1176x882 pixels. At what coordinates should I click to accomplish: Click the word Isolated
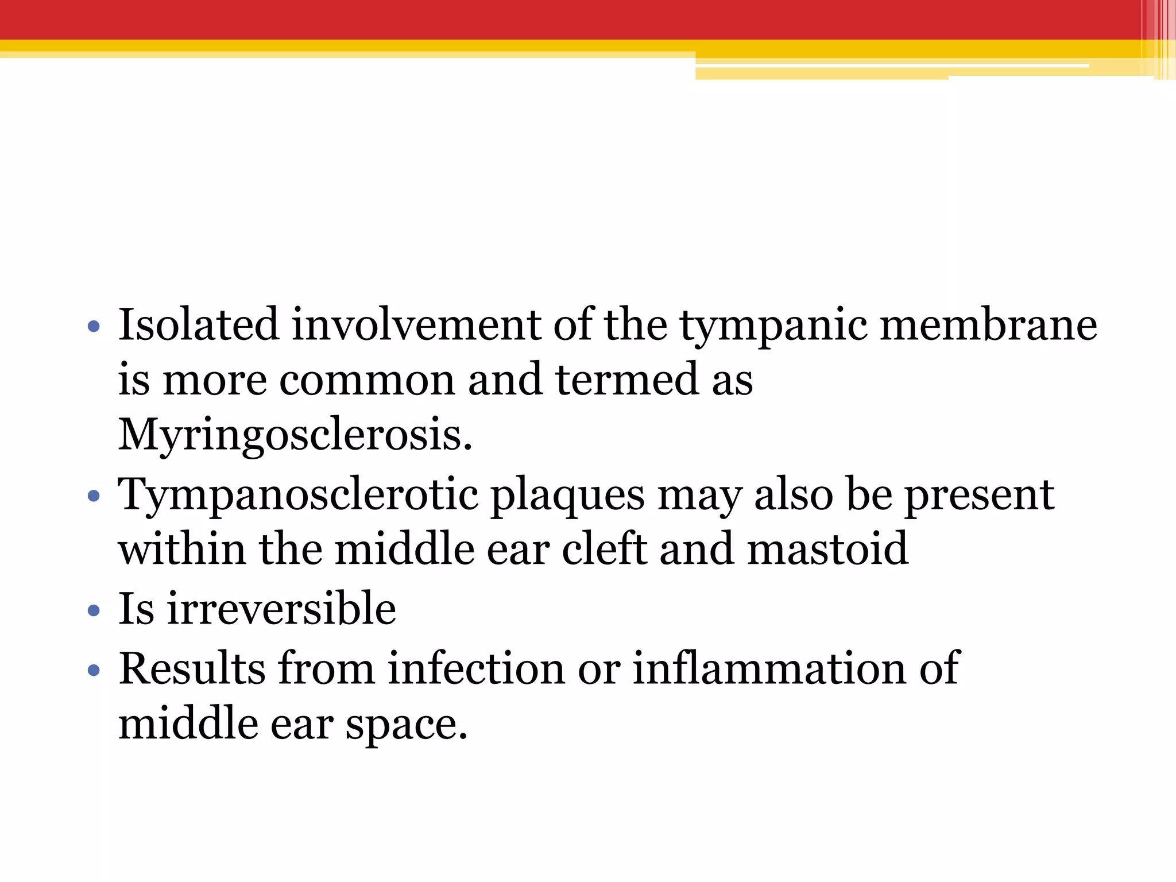pyautogui.click(x=198, y=324)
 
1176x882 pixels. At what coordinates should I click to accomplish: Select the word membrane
pyautogui.click(x=988, y=324)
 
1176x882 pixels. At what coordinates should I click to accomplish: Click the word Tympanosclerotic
pyautogui.click(x=298, y=496)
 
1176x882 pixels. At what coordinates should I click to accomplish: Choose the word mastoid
pyautogui.click(x=827, y=549)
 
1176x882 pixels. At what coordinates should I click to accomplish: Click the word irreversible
pyautogui.click(x=281, y=609)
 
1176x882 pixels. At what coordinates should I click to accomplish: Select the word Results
pyautogui.click(x=192, y=668)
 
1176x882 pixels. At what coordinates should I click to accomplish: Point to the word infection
pyautogui.click(x=476, y=668)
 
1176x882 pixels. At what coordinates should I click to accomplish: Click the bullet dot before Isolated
pyautogui.click(x=94, y=328)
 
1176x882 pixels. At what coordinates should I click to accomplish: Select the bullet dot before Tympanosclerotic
pyautogui.click(x=94, y=496)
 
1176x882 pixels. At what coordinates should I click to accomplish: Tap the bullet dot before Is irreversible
pyautogui.click(x=94, y=611)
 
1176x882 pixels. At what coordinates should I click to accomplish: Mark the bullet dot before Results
pyautogui.click(x=94, y=670)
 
